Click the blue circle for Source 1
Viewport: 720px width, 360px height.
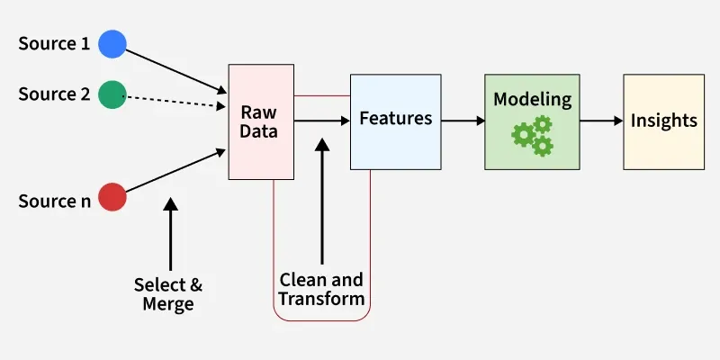coord(112,42)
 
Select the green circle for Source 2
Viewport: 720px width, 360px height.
coord(112,94)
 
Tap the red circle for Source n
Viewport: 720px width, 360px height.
coord(112,197)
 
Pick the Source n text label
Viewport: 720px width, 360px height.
coord(54,202)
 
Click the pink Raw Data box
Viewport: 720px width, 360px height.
coord(261,121)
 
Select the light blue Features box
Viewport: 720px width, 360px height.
coord(396,119)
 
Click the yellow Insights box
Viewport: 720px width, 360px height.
coord(664,121)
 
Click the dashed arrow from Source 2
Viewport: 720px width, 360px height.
coord(175,100)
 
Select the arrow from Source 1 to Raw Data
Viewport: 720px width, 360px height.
coord(175,70)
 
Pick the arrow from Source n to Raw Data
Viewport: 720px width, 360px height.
coord(175,171)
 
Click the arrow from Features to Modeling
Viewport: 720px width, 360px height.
coord(463,120)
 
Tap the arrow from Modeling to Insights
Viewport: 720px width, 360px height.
coord(601,120)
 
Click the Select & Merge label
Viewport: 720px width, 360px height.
coord(168,294)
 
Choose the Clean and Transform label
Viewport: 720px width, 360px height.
coord(321,289)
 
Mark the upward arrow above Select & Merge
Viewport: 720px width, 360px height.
coord(170,234)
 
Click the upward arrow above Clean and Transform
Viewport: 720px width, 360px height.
coord(321,198)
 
